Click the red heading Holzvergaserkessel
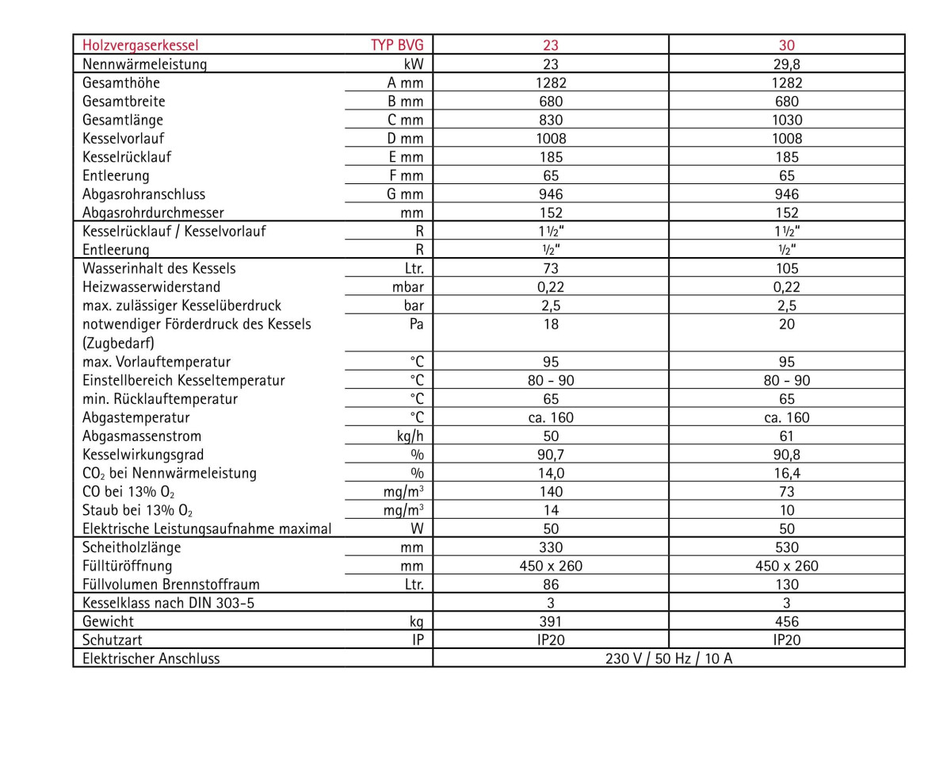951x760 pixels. tap(140, 45)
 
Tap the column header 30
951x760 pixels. tap(786, 45)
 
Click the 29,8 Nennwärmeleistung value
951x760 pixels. tap(786, 64)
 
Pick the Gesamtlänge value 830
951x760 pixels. tap(550, 120)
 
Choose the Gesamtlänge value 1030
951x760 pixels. tap(786, 120)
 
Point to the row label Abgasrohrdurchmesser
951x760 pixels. tap(153, 213)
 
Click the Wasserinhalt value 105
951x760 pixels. tap(786, 268)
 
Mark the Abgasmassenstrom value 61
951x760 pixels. tap(786, 436)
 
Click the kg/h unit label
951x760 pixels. tap(408, 436)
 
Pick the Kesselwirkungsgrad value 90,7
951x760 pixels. tap(550, 455)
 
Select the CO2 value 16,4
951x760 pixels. tap(786, 473)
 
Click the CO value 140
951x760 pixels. tap(550, 492)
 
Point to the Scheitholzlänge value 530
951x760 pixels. tap(786, 547)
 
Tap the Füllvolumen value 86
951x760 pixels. tap(550, 585)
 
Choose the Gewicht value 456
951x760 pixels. tap(786, 621)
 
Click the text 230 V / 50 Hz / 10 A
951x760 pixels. tap(668, 658)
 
